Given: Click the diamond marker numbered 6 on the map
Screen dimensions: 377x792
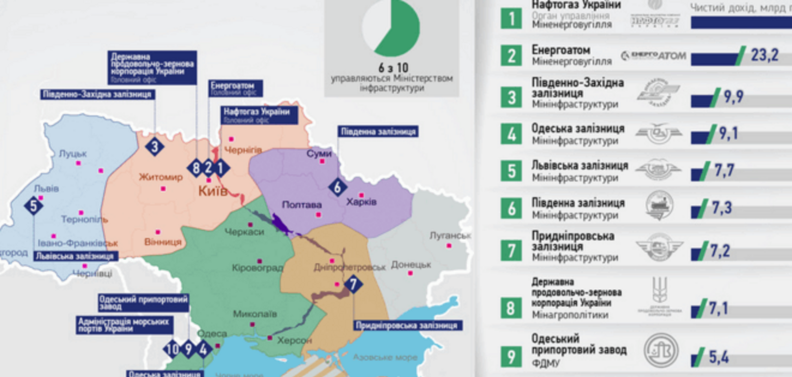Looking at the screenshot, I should [337, 188].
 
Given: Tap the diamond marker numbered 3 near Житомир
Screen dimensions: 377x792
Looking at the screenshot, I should [154, 147].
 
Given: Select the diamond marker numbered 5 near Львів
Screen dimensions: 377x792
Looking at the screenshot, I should [33, 206].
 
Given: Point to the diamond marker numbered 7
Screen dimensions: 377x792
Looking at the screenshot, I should [353, 284].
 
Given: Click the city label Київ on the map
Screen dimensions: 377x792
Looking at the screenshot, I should [213, 191].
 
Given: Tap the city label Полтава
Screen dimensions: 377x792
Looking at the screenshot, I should [301, 205].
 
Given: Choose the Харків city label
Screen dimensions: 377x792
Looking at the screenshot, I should [361, 202].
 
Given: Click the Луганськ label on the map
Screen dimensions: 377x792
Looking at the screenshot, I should [450, 235].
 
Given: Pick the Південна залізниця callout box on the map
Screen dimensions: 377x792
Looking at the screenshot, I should [378, 132].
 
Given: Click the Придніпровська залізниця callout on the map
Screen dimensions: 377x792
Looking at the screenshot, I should [407, 326].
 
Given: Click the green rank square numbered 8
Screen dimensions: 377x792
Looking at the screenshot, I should [511, 308].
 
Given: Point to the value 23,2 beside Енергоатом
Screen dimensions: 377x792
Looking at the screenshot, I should [764, 55].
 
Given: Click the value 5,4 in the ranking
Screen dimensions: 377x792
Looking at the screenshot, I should [719, 357].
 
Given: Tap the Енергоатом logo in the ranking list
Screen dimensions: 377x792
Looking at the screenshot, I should [653, 55].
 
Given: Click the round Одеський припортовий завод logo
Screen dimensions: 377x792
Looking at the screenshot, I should [660, 350].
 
